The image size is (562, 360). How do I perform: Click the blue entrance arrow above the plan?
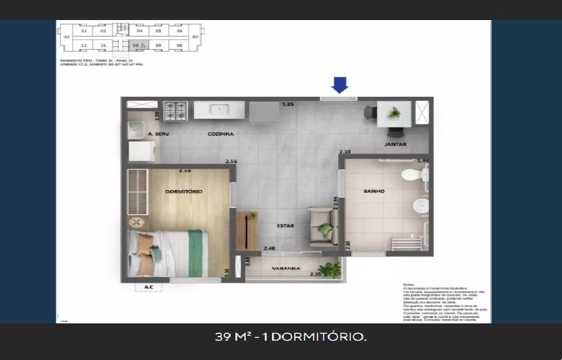340,85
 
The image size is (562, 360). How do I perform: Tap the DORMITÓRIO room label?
183,191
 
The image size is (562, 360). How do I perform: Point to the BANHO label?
374,191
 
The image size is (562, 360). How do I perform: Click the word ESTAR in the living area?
286,225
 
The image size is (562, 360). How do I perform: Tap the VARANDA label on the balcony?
286,268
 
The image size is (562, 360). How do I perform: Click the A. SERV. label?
159,133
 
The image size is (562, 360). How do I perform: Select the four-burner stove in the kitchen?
175,110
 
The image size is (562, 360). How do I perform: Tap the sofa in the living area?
322,226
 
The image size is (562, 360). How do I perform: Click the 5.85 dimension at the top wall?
287,104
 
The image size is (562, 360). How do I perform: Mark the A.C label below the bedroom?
148,287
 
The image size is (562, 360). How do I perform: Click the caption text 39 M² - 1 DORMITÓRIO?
290,337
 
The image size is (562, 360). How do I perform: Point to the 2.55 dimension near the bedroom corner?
231,162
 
